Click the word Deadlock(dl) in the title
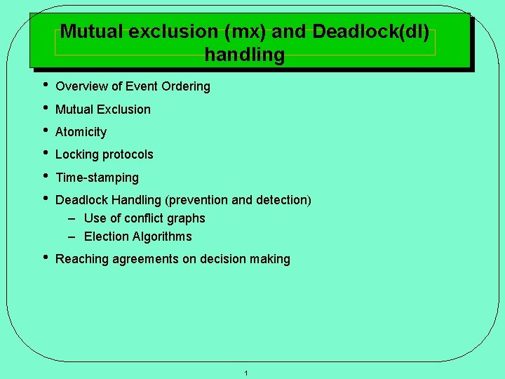click(x=371, y=32)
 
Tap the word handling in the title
click(x=245, y=55)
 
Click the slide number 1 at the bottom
click(x=246, y=373)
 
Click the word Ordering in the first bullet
click(x=185, y=86)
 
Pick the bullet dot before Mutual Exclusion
click(x=44, y=108)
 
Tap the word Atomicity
click(x=81, y=132)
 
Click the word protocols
click(x=128, y=154)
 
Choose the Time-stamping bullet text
click(x=97, y=178)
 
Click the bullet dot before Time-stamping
click(x=44, y=176)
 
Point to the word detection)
click(x=283, y=200)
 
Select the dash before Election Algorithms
click(x=72, y=237)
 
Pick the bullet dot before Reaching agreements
click(x=44, y=258)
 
